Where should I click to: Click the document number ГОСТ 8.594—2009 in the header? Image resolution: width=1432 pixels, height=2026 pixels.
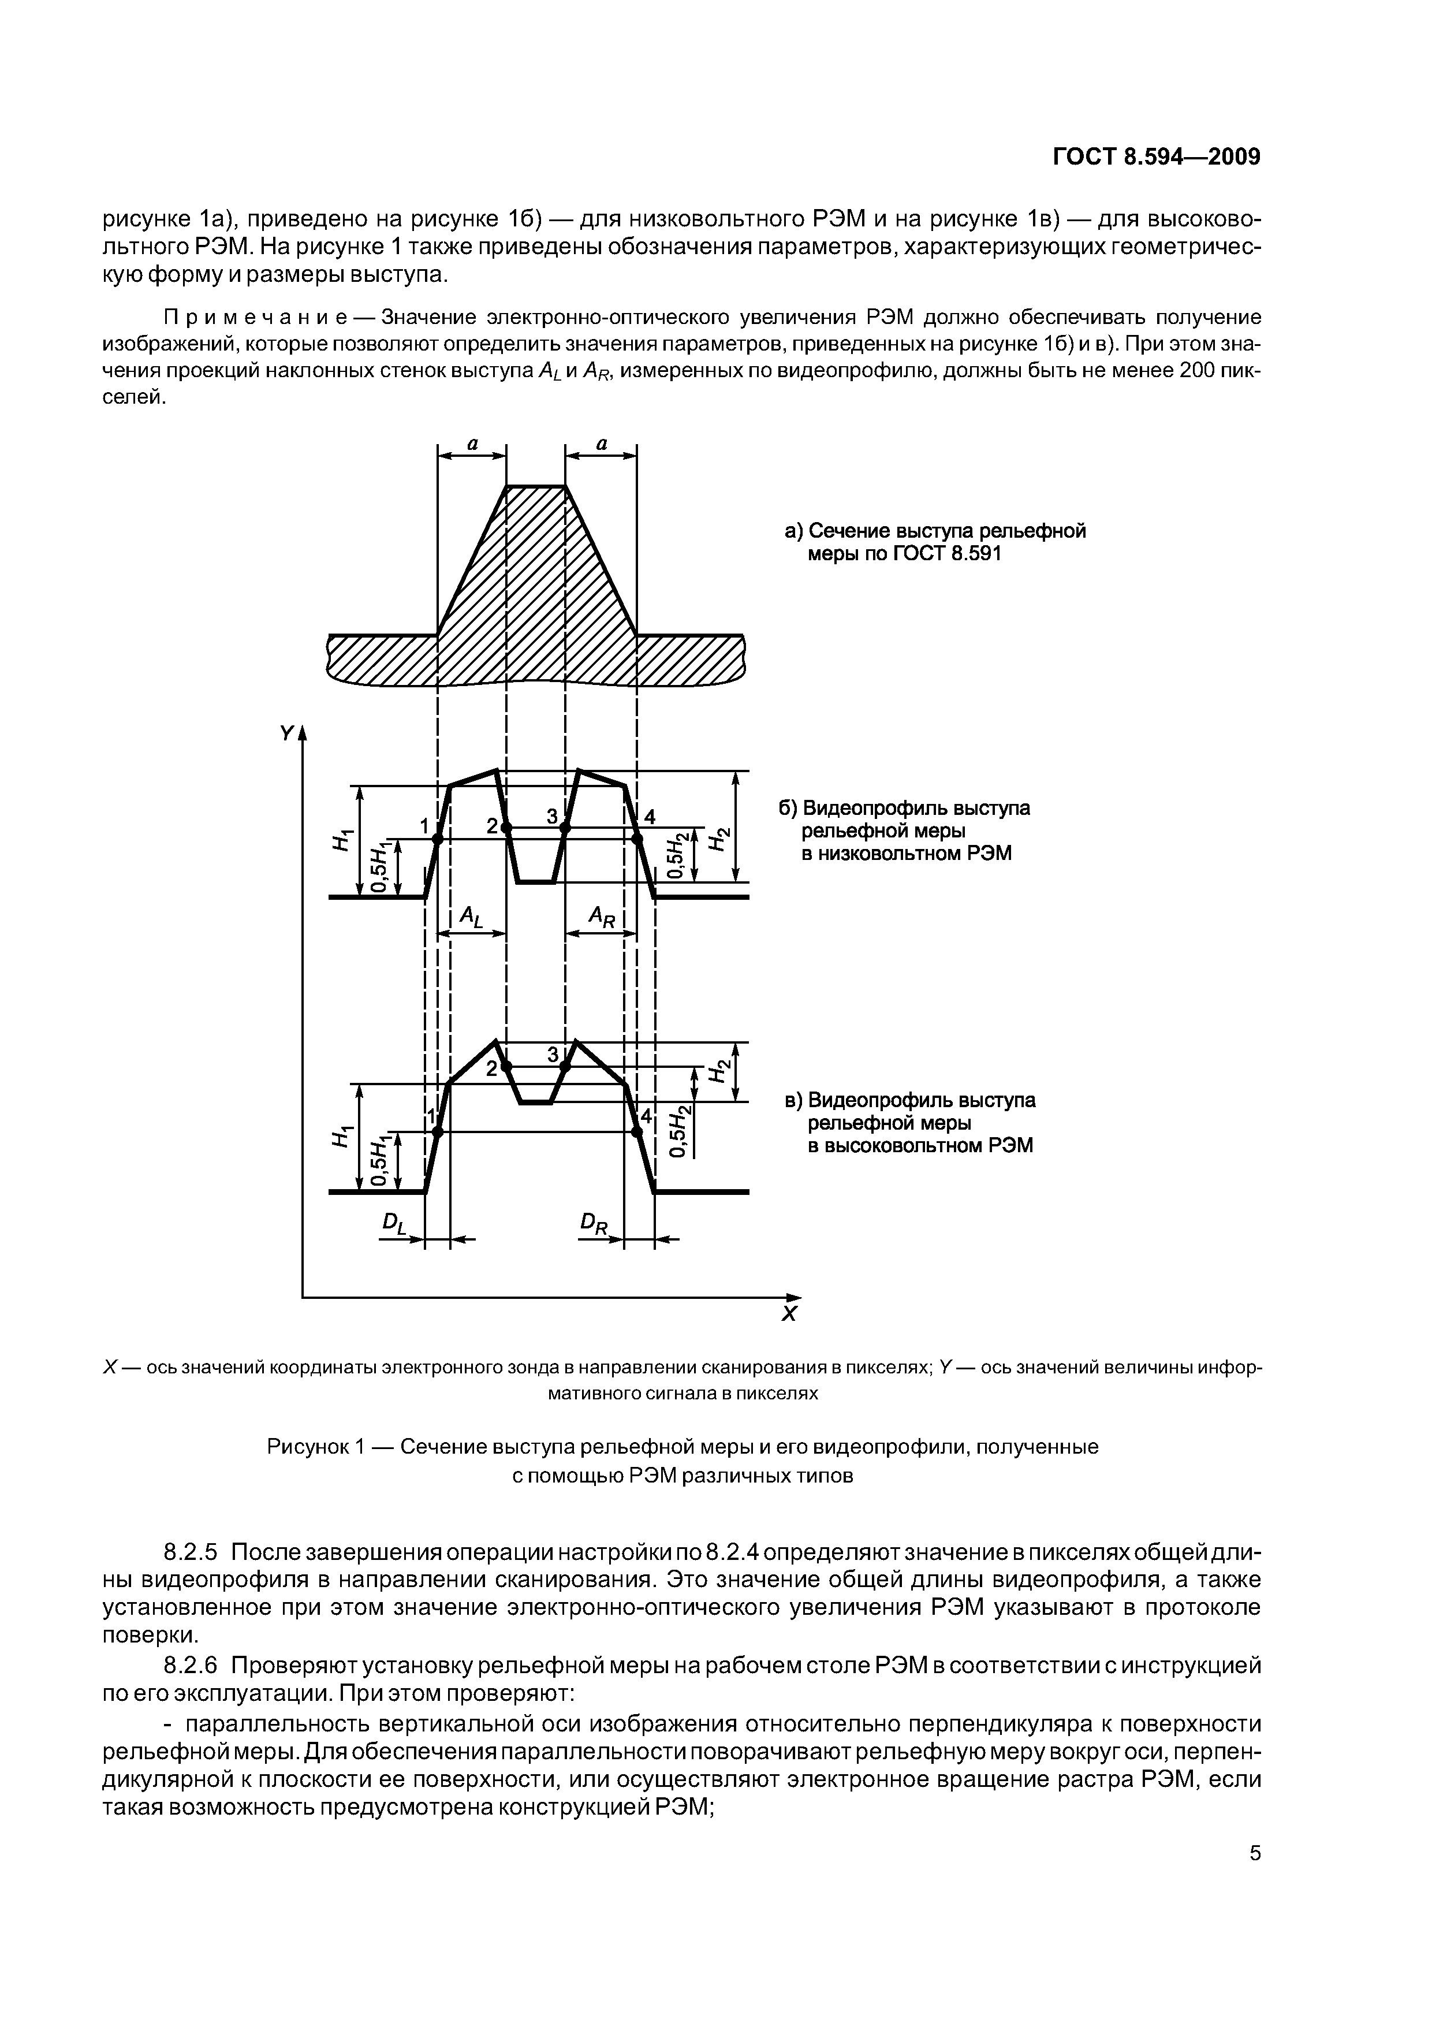[1157, 157]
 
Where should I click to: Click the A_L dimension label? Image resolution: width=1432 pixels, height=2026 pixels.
[472, 918]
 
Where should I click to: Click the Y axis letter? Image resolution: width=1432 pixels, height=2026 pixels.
[286, 733]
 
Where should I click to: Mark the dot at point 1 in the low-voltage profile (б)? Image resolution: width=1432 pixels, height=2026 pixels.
[438, 841]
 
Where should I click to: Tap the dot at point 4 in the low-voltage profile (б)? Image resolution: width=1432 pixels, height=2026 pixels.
[637, 841]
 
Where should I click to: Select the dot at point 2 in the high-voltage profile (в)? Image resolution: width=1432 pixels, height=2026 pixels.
[506, 1067]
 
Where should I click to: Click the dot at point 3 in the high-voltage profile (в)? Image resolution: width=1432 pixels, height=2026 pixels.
[565, 1067]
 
